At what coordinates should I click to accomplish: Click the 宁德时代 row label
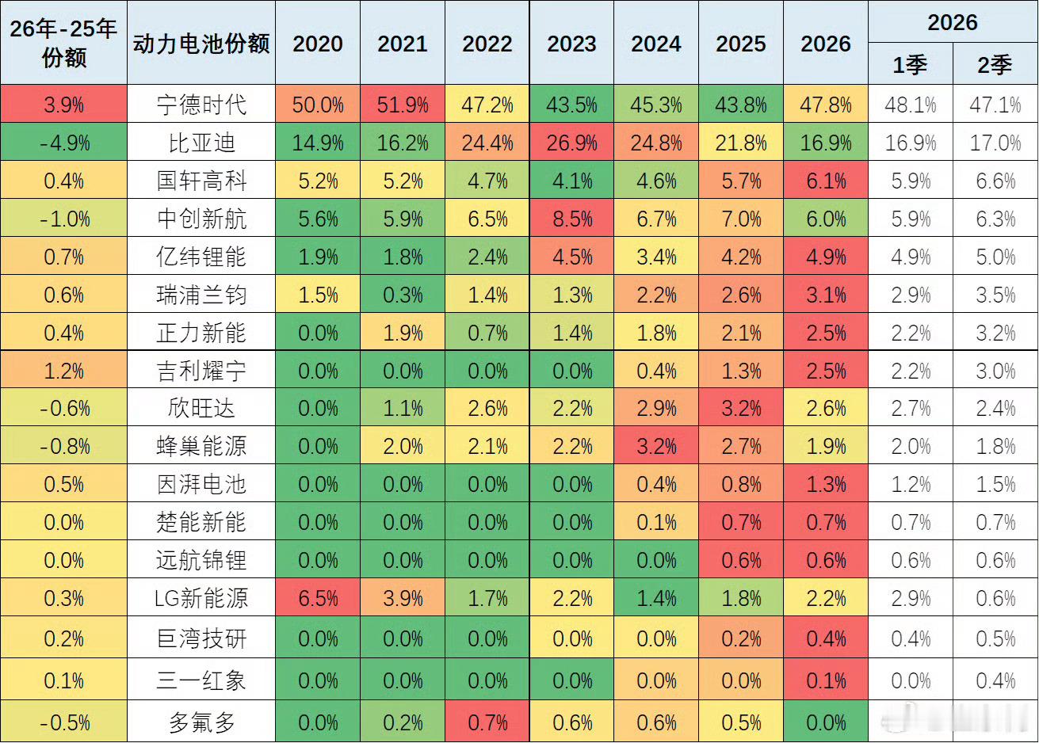pyautogui.click(x=201, y=105)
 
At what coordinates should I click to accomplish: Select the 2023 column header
pyautogui.click(x=571, y=44)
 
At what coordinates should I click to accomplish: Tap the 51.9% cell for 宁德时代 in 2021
pyautogui.click(x=402, y=105)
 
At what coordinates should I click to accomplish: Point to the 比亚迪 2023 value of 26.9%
pyautogui.click(x=571, y=143)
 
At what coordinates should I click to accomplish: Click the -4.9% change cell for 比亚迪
pyautogui.click(x=64, y=143)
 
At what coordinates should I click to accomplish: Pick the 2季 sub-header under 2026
pyautogui.click(x=995, y=64)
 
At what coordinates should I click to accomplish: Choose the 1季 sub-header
pyautogui.click(x=910, y=64)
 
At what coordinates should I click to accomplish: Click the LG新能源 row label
pyautogui.click(x=201, y=597)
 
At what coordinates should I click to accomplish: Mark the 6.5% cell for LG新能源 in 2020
pyautogui.click(x=318, y=598)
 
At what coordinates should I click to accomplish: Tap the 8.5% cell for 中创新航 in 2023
pyautogui.click(x=571, y=219)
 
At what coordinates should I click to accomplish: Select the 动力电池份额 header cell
pyautogui.click(x=201, y=44)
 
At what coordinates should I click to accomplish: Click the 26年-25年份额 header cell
pyautogui.click(x=63, y=43)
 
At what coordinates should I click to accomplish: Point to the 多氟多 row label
pyautogui.click(x=201, y=722)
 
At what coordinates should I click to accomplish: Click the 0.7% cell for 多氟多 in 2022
pyautogui.click(x=487, y=722)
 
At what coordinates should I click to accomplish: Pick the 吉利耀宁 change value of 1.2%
pyautogui.click(x=64, y=371)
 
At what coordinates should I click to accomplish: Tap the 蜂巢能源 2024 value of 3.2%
pyautogui.click(x=656, y=447)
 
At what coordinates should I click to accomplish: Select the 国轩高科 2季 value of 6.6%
pyautogui.click(x=995, y=181)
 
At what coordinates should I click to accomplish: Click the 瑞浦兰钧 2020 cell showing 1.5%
pyautogui.click(x=318, y=295)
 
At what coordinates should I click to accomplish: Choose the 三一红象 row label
pyautogui.click(x=201, y=680)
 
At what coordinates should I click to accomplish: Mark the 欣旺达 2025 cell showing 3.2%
pyautogui.click(x=741, y=409)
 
